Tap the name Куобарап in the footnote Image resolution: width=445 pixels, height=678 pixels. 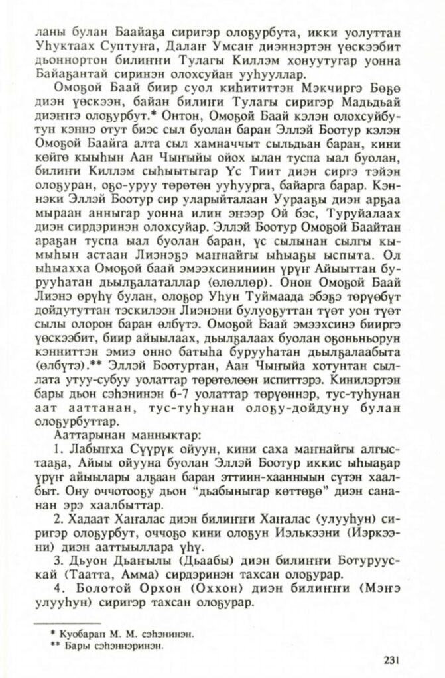click(x=82, y=634)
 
